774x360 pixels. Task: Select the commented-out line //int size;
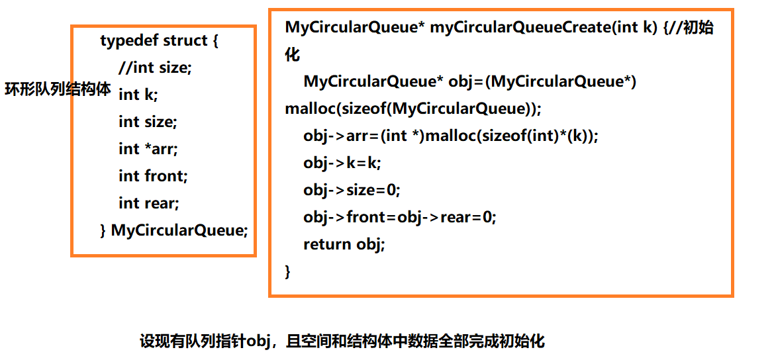[155, 67]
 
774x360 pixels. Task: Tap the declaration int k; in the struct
[138, 95]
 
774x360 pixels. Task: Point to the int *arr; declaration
[148, 149]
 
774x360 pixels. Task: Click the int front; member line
[153, 176]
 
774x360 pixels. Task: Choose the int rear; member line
[149, 203]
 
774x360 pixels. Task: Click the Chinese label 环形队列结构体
[58, 89]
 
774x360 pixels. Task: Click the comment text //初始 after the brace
[693, 28]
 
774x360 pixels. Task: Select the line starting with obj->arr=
[450, 136]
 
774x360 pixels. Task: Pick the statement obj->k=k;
[342, 163]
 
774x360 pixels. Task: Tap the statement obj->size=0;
[352, 190]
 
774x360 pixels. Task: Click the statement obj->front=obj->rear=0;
[399, 217]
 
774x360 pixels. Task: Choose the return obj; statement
[344, 244]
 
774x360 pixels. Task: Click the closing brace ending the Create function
[288, 271]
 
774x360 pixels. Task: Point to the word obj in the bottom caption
[259, 341]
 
